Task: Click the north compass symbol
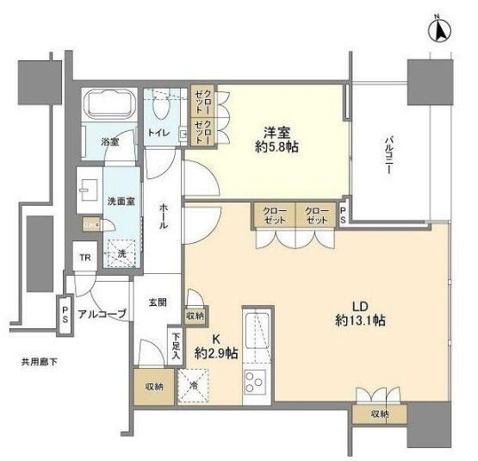tap(439, 30)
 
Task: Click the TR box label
tap(84, 259)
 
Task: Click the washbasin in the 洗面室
tap(90, 186)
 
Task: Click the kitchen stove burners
tap(255, 381)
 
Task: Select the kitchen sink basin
tap(254, 332)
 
